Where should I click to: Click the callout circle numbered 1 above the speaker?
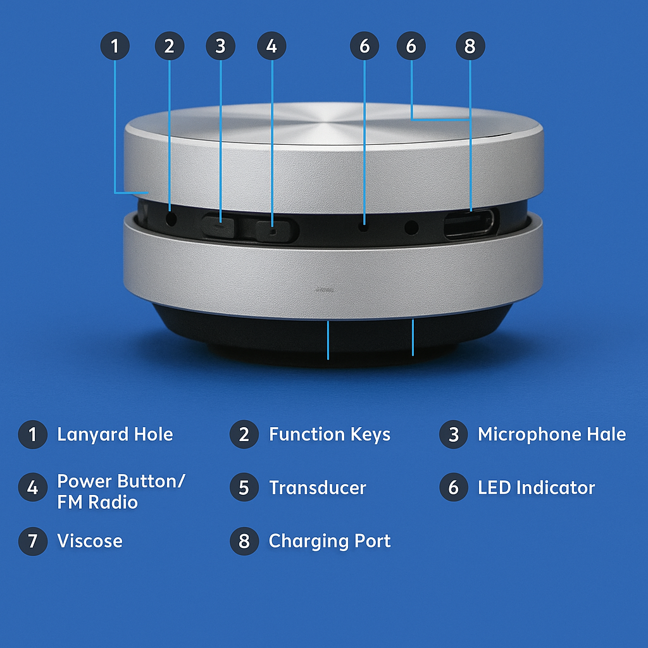[115, 46]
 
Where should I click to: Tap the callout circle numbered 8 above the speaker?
[470, 46]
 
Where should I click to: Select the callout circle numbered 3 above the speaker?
[221, 46]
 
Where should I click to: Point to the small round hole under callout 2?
[171, 218]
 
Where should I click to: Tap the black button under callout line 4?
[277, 231]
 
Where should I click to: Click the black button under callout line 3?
[218, 227]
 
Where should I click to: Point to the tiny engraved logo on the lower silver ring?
[325, 290]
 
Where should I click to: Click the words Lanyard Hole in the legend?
[115, 435]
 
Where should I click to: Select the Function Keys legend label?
[329, 435]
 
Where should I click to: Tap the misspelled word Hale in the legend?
[606, 434]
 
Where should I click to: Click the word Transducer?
[318, 488]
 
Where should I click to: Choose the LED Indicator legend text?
[536, 488]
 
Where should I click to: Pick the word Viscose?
[90, 541]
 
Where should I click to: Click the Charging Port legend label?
[329, 542]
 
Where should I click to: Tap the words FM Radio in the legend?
[97, 502]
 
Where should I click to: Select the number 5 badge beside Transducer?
[244, 487]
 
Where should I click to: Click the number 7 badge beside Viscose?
[33, 541]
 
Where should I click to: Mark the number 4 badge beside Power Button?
[33, 487]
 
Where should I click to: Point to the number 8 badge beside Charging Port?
[244, 541]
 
